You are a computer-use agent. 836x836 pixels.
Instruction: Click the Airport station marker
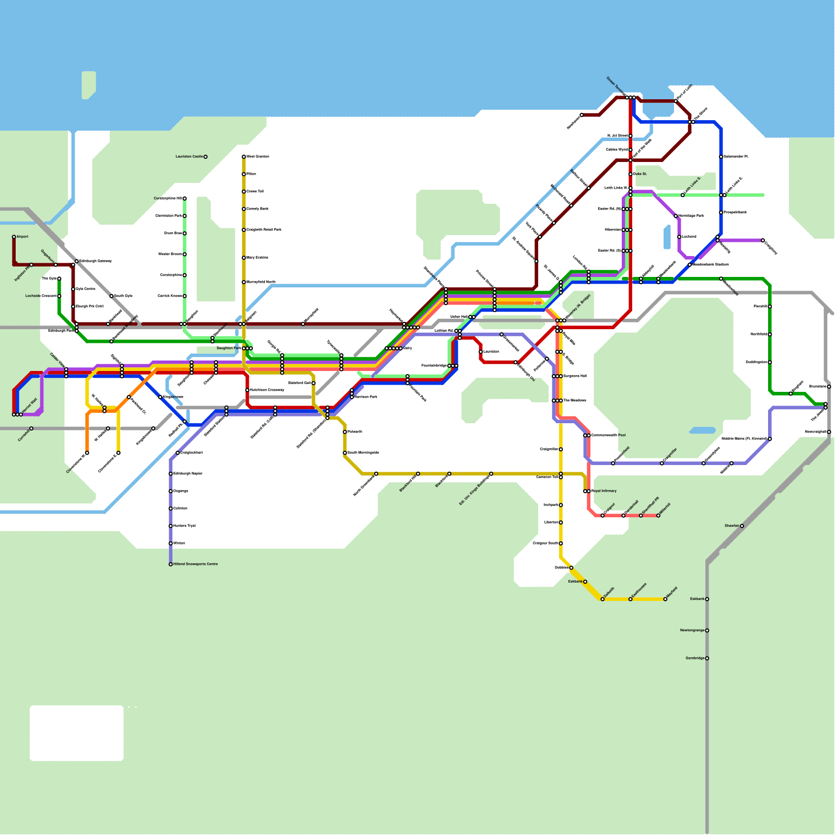point(14,237)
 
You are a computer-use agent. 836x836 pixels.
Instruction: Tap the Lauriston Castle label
point(189,157)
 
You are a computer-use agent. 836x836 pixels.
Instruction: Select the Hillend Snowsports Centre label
point(195,564)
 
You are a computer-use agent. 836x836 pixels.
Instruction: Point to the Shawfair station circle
point(742,526)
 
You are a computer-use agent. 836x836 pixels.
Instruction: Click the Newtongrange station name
point(692,631)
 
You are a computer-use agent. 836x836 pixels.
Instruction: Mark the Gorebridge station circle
point(707,658)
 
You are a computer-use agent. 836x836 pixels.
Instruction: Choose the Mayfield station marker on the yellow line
point(665,599)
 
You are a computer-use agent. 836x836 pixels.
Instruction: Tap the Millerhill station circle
point(658,516)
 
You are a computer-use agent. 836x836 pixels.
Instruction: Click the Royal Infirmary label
point(604,491)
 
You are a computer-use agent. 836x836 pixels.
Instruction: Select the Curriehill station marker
point(31,428)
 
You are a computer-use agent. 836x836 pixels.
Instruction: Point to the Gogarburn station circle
point(56,265)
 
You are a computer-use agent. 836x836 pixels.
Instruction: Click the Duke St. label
point(640,174)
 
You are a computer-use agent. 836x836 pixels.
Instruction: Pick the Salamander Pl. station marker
point(721,157)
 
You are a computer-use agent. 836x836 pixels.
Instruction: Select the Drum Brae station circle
point(184,234)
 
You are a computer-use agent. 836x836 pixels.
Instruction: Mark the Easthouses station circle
point(631,599)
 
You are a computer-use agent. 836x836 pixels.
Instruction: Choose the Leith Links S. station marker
point(683,195)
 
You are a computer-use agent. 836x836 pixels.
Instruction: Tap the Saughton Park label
point(229,348)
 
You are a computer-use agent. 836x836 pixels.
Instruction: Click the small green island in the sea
point(89,85)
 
